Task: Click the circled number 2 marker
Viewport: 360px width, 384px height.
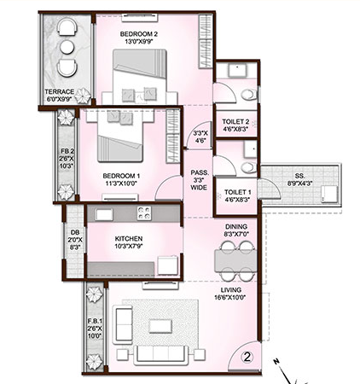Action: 246,358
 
